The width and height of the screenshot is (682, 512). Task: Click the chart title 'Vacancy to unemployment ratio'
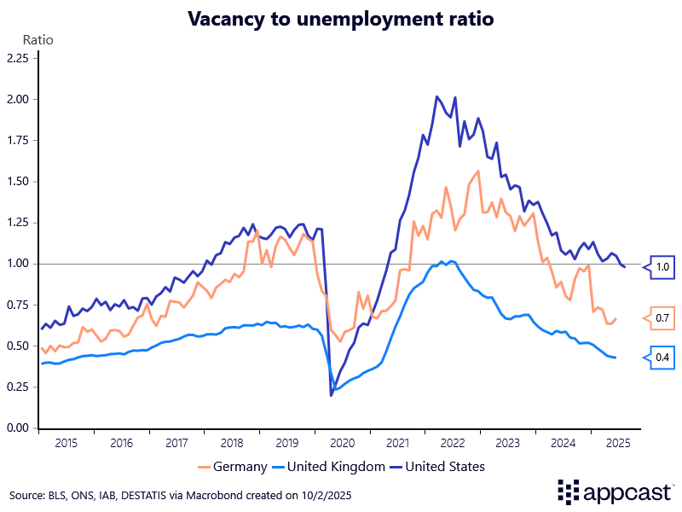pos(341,18)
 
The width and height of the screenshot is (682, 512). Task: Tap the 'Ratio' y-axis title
pos(37,39)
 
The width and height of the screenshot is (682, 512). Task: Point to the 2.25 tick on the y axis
pos(18,58)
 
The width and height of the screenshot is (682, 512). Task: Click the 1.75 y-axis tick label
pos(18,141)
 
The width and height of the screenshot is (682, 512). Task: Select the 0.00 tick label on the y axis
pos(18,428)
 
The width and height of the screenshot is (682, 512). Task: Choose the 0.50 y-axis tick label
pos(18,346)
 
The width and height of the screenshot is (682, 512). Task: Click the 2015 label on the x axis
pos(66,443)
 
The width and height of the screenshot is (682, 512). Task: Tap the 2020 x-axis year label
pos(342,443)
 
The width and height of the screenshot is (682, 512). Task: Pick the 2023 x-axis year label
pos(507,443)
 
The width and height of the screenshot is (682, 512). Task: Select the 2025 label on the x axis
pos(617,443)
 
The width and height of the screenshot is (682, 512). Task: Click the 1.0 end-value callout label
pos(663,267)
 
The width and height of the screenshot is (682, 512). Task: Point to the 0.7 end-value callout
pos(663,318)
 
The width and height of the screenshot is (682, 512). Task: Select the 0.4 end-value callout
pos(663,358)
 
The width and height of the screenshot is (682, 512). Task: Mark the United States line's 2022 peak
pos(437,96)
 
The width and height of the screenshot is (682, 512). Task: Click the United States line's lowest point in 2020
pos(331,395)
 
